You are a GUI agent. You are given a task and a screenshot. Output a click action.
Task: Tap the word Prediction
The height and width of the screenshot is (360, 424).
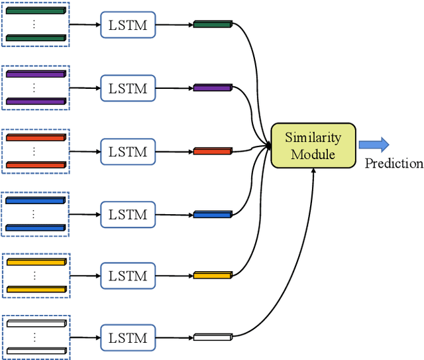point(394,163)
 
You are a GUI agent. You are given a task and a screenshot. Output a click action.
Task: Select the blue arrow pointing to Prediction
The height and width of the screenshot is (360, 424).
point(374,145)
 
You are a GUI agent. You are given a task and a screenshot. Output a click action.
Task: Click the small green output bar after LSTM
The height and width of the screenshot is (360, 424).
point(213,25)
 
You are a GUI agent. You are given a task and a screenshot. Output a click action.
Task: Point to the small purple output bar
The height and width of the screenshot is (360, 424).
point(213,88)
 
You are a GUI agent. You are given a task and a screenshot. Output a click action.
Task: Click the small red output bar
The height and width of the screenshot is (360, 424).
point(213,151)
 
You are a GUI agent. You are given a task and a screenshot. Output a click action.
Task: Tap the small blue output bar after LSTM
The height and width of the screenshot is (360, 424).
point(213,214)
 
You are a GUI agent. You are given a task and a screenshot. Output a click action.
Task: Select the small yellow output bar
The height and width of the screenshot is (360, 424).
point(213,274)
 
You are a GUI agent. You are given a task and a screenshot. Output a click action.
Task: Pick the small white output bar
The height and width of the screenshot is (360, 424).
point(213,337)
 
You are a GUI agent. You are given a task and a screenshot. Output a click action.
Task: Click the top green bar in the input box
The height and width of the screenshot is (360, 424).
point(36,12)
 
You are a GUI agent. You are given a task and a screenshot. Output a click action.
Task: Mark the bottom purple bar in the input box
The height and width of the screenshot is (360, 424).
point(36,101)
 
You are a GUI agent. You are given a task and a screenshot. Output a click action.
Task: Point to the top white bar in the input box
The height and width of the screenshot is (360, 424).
point(36,324)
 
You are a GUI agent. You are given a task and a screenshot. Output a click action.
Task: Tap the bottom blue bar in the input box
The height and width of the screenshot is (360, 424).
point(36,227)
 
